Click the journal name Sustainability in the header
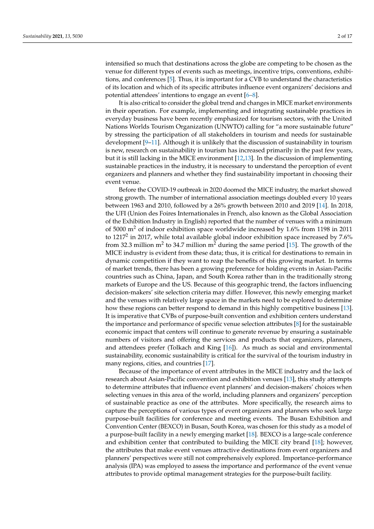coord(36,36)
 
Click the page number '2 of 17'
coord(344,36)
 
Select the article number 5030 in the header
coord(77,36)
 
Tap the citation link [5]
coord(171,79)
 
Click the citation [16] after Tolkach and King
coord(229,348)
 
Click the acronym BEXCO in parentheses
coord(171,426)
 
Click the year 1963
coord(134,206)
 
